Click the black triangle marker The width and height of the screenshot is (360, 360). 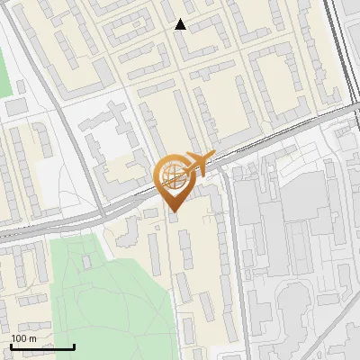pos(181,24)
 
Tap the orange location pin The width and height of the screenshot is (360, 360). pos(174,180)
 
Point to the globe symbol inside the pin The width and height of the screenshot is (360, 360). pos(172,175)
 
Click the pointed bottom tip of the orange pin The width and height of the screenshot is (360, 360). pos(174,211)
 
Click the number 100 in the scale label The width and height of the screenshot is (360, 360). pos(19,338)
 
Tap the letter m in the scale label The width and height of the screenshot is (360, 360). pos(32,338)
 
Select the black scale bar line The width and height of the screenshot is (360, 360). pos(41,346)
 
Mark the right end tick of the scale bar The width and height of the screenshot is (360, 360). pos(74,346)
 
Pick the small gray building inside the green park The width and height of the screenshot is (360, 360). pos(87,261)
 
